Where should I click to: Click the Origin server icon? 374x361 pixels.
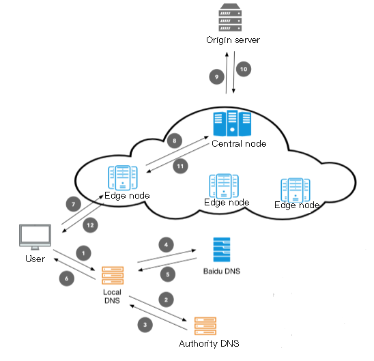(x=230, y=18)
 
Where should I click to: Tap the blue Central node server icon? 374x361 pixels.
(x=232, y=123)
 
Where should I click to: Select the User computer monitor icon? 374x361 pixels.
(x=35, y=237)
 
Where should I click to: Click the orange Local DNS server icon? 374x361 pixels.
(x=113, y=276)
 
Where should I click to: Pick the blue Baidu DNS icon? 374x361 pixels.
(x=222, y=250)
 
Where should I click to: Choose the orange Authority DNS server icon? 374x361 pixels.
(x=205, y=326)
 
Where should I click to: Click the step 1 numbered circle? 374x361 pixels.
(x=83, y=253)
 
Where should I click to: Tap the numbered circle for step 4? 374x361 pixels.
(x=166, y=244)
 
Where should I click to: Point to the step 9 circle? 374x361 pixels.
(x=216, y=77)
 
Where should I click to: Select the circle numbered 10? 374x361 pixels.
(x=244, y=69)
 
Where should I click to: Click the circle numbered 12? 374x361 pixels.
(x=90, y=225)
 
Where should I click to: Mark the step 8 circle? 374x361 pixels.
(x=175, y=141)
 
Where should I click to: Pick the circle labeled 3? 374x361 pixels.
(x=145, y=325)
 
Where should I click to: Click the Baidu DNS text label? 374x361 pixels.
(x=222, y=272)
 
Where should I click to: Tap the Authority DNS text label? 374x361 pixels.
(x=209, y=343)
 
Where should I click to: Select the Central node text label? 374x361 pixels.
(x=239, y=143)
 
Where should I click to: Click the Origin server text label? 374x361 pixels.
(x=233, y=40)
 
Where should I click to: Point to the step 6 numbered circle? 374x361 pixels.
(x=67, y=278)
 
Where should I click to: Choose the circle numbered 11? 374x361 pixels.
(x=180, y=166)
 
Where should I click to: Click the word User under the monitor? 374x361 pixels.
(x=35, y=259)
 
